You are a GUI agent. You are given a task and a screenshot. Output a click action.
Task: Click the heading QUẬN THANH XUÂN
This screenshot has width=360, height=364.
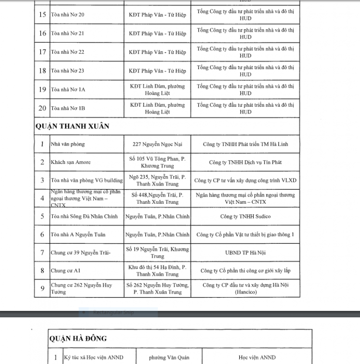[72, 126]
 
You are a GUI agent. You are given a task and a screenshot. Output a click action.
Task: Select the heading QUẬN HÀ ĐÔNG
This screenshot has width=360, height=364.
[78, 338]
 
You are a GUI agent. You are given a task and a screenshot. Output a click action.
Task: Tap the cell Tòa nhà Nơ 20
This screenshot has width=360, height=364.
[68, 15]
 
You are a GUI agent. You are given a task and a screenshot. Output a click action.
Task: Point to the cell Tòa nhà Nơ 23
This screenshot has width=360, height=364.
[68, 71]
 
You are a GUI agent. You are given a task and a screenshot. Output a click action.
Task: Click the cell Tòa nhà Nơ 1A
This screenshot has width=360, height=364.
[68, 89]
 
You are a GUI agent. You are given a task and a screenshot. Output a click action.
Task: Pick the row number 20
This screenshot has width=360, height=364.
[42, 108]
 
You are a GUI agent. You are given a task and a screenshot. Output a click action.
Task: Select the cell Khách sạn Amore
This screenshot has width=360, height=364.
[71, 162]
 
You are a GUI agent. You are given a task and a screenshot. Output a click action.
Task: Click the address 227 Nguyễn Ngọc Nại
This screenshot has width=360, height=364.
[158, 144]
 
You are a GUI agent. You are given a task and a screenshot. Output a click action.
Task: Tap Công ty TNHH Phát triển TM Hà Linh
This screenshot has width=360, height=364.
[245, 144]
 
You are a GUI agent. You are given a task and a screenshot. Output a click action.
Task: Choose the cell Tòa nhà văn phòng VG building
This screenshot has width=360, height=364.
[87, 180]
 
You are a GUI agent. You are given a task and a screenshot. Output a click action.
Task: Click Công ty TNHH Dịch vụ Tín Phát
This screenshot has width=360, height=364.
[245, 162]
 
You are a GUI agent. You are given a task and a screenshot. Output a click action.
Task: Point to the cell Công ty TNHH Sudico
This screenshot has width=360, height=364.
[245, 216]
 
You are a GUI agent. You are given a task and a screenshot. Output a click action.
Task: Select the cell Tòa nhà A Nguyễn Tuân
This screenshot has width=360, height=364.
[78, 235]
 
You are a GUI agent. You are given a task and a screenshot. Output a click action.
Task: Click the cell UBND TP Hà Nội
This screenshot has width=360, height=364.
[245, 253]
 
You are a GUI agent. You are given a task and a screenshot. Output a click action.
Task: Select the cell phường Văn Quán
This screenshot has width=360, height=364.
[169, 357]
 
